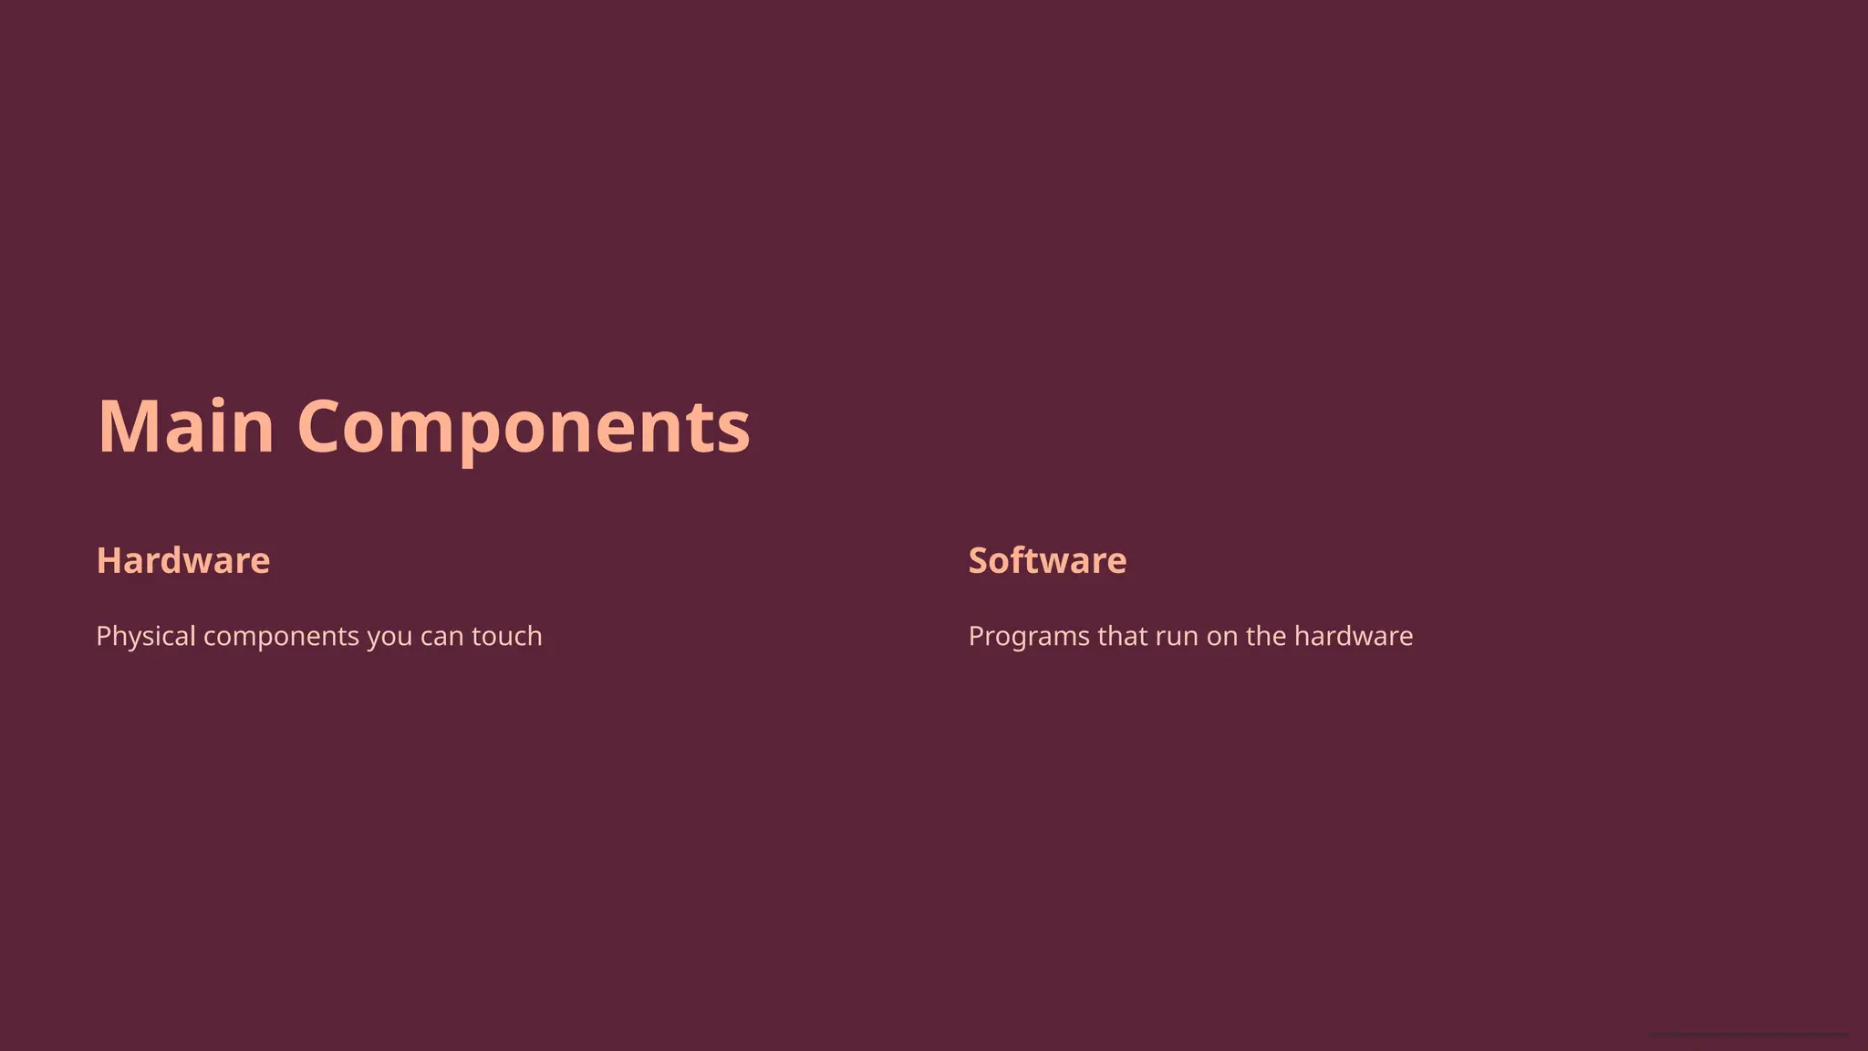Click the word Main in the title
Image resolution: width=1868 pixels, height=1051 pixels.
[186, 426]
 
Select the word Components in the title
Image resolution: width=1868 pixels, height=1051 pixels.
[524, 426]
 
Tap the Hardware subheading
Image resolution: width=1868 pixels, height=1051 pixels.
[183, 560]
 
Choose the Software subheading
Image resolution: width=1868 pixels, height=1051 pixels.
[1047, 560]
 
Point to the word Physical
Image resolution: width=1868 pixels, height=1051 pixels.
[146, 636]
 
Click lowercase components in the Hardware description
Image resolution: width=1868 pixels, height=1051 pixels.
[281, 636]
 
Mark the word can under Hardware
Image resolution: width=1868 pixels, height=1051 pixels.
[442, 636]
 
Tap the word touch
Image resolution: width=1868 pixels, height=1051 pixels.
[506, 636]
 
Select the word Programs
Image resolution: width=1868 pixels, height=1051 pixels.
[1029, 636]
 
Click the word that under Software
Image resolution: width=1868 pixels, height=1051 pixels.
[1122, 636]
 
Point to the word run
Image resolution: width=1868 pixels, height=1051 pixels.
[1177, 636]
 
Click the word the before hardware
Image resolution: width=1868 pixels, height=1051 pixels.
[1266, 636]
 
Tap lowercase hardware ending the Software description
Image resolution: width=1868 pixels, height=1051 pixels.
[1354, 636]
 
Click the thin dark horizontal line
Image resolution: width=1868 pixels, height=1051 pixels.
[1748, 1035]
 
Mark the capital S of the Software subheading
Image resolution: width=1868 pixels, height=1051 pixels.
[979, 560]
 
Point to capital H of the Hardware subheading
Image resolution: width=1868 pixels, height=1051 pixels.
[109, 560]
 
